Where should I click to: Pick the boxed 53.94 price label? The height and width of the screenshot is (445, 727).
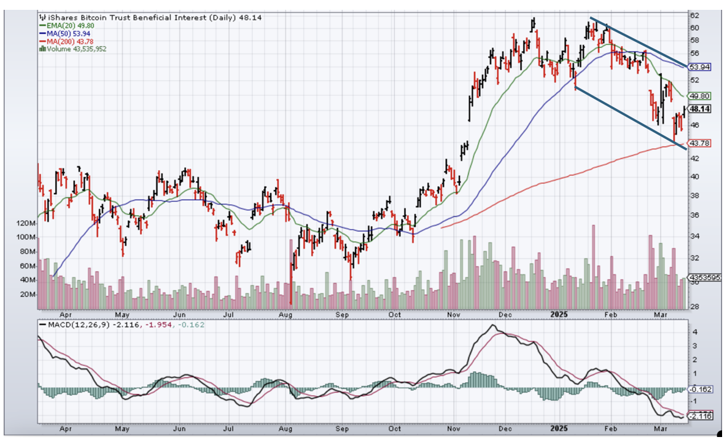[699, 66]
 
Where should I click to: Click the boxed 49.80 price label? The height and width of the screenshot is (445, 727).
[699, 96]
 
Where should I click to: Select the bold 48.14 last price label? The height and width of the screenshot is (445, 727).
[699, 109]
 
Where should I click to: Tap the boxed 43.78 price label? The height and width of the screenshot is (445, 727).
[699, 143]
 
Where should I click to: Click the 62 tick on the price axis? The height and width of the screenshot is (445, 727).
[693, 15]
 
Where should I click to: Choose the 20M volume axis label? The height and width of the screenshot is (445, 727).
[28, 294]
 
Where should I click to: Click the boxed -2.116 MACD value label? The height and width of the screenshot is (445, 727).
[700, 416]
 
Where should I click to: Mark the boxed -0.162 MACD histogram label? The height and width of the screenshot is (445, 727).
[700, 389]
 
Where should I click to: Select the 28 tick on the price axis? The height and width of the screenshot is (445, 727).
[693, 306]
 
